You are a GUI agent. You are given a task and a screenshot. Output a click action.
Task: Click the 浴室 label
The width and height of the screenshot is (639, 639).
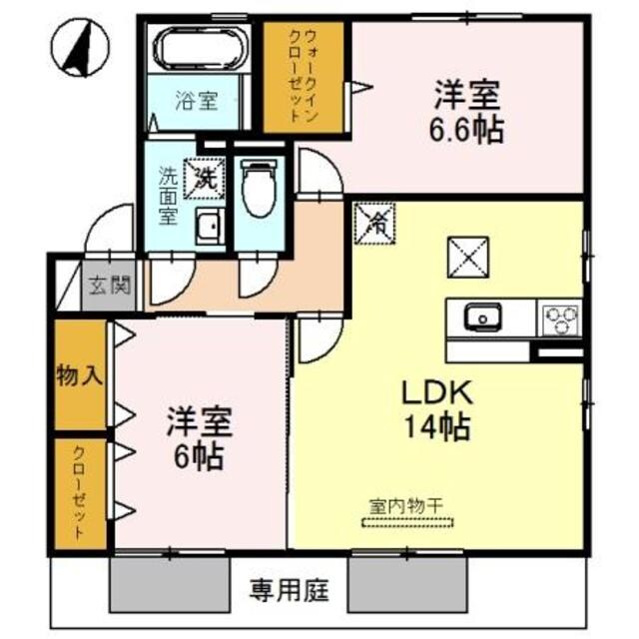tap(196, 100)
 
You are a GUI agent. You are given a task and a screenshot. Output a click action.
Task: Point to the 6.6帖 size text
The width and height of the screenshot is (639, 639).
tap(466, 129)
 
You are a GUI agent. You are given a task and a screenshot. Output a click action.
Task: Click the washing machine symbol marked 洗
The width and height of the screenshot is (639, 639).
tap(208, 177)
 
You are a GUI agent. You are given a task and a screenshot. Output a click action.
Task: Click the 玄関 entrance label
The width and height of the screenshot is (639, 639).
tap(108, 285)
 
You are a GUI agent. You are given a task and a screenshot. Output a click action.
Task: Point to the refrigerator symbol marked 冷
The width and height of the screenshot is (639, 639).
tap(375, 223)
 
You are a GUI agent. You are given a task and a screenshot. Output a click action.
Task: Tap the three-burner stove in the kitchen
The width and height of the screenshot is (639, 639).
tap(559, 319)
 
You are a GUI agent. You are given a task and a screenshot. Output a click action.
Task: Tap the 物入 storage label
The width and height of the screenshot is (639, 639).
tap(79, 376)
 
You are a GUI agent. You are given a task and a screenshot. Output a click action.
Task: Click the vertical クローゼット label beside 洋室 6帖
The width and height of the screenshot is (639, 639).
tap(79, 492)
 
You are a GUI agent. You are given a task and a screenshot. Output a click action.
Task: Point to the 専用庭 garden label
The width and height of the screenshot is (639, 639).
tap(283, 588)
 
